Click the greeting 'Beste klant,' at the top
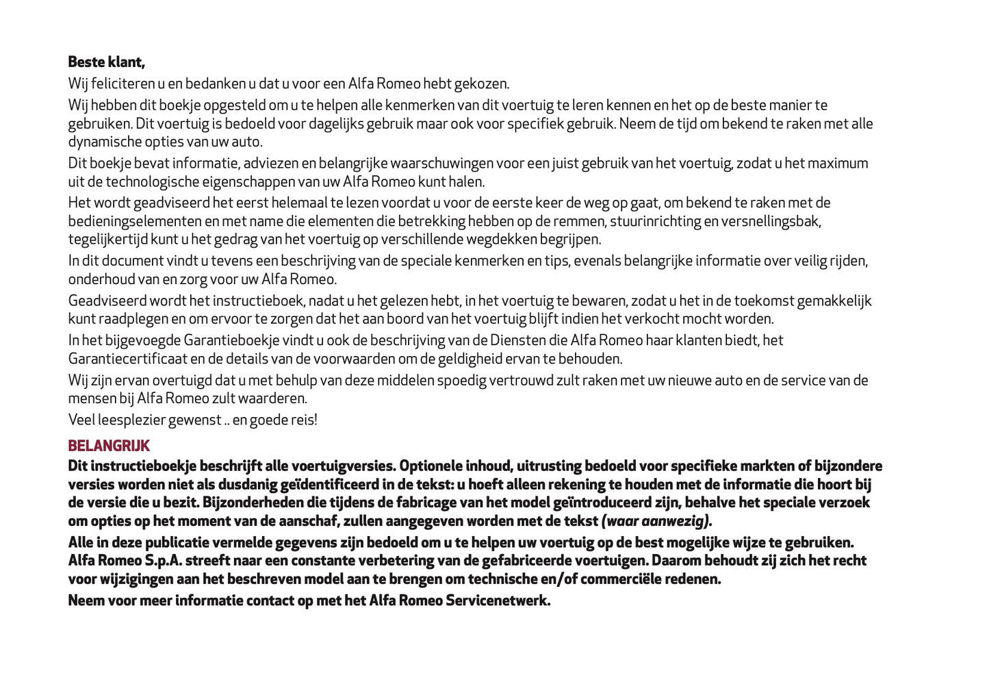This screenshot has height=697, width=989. [106, 62]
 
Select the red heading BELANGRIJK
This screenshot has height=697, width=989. [109, 446]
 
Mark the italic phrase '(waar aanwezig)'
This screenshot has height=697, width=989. [655, 521]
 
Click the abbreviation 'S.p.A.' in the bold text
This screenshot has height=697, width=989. [162, 561]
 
